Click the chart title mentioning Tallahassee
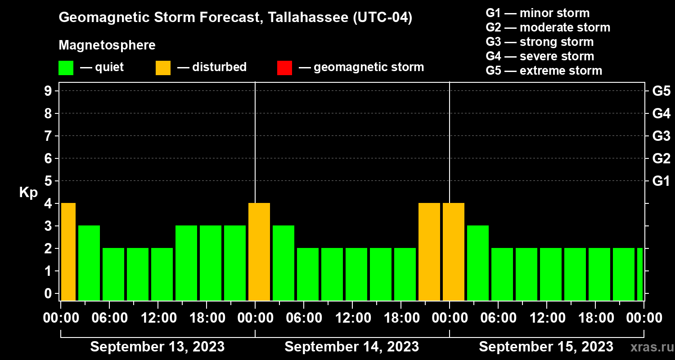tap(235, 18)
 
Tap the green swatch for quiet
tap(66, 68)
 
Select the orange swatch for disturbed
tap(163, 68)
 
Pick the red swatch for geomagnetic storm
tap(284, 68)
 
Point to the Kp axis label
tap(28, 193)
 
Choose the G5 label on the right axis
tap(661, 91)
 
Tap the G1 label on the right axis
tap(661, 181)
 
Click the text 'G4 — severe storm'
tap(540, 56)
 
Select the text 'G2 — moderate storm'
tap(548, 27)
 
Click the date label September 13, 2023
tap(157, 346)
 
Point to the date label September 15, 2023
tap(546, 346)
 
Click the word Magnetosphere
tap(107, 45)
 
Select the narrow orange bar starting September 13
tap(68, 252)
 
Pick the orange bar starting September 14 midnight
tap(259, 252)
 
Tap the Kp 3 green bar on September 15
tap(478, 263)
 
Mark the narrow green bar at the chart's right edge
tap(640, 274)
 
